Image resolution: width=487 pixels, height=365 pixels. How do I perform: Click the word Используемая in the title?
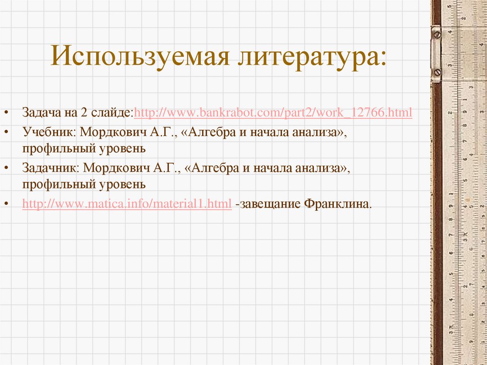[137, 56]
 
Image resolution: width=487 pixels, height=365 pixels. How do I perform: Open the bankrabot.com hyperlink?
[273, 113]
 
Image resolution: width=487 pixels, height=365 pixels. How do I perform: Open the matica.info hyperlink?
[127, 204]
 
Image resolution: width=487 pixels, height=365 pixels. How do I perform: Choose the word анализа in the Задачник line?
[321, 168]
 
